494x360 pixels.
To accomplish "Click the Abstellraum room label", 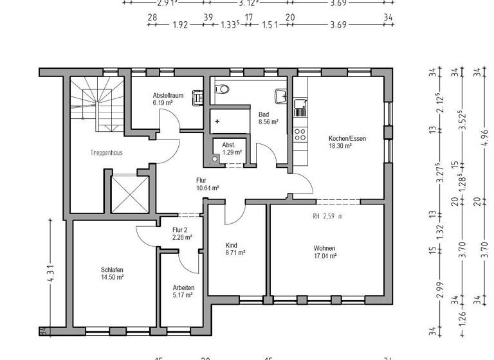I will tap(168, 95).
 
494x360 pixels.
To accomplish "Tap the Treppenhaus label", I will tap(106, 153).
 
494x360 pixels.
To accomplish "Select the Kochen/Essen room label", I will tap(340, 138).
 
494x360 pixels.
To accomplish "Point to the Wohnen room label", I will tap(324, 248).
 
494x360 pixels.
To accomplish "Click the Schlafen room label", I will tap(112, 269).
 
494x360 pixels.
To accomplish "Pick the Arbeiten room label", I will tap(183, 287).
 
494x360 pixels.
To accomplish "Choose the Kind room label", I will tap(232, 246).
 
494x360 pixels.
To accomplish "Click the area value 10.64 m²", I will tap(208, 188).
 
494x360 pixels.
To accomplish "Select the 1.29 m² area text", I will tap(232, 152).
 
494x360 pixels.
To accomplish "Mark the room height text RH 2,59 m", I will tap(327, 217).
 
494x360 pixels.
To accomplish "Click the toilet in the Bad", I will tap(222, 89).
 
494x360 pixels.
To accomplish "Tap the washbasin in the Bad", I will tap(280, 96).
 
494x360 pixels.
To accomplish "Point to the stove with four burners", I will tap(300, 134).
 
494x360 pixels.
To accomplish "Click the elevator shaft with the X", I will tap(129, 193).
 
